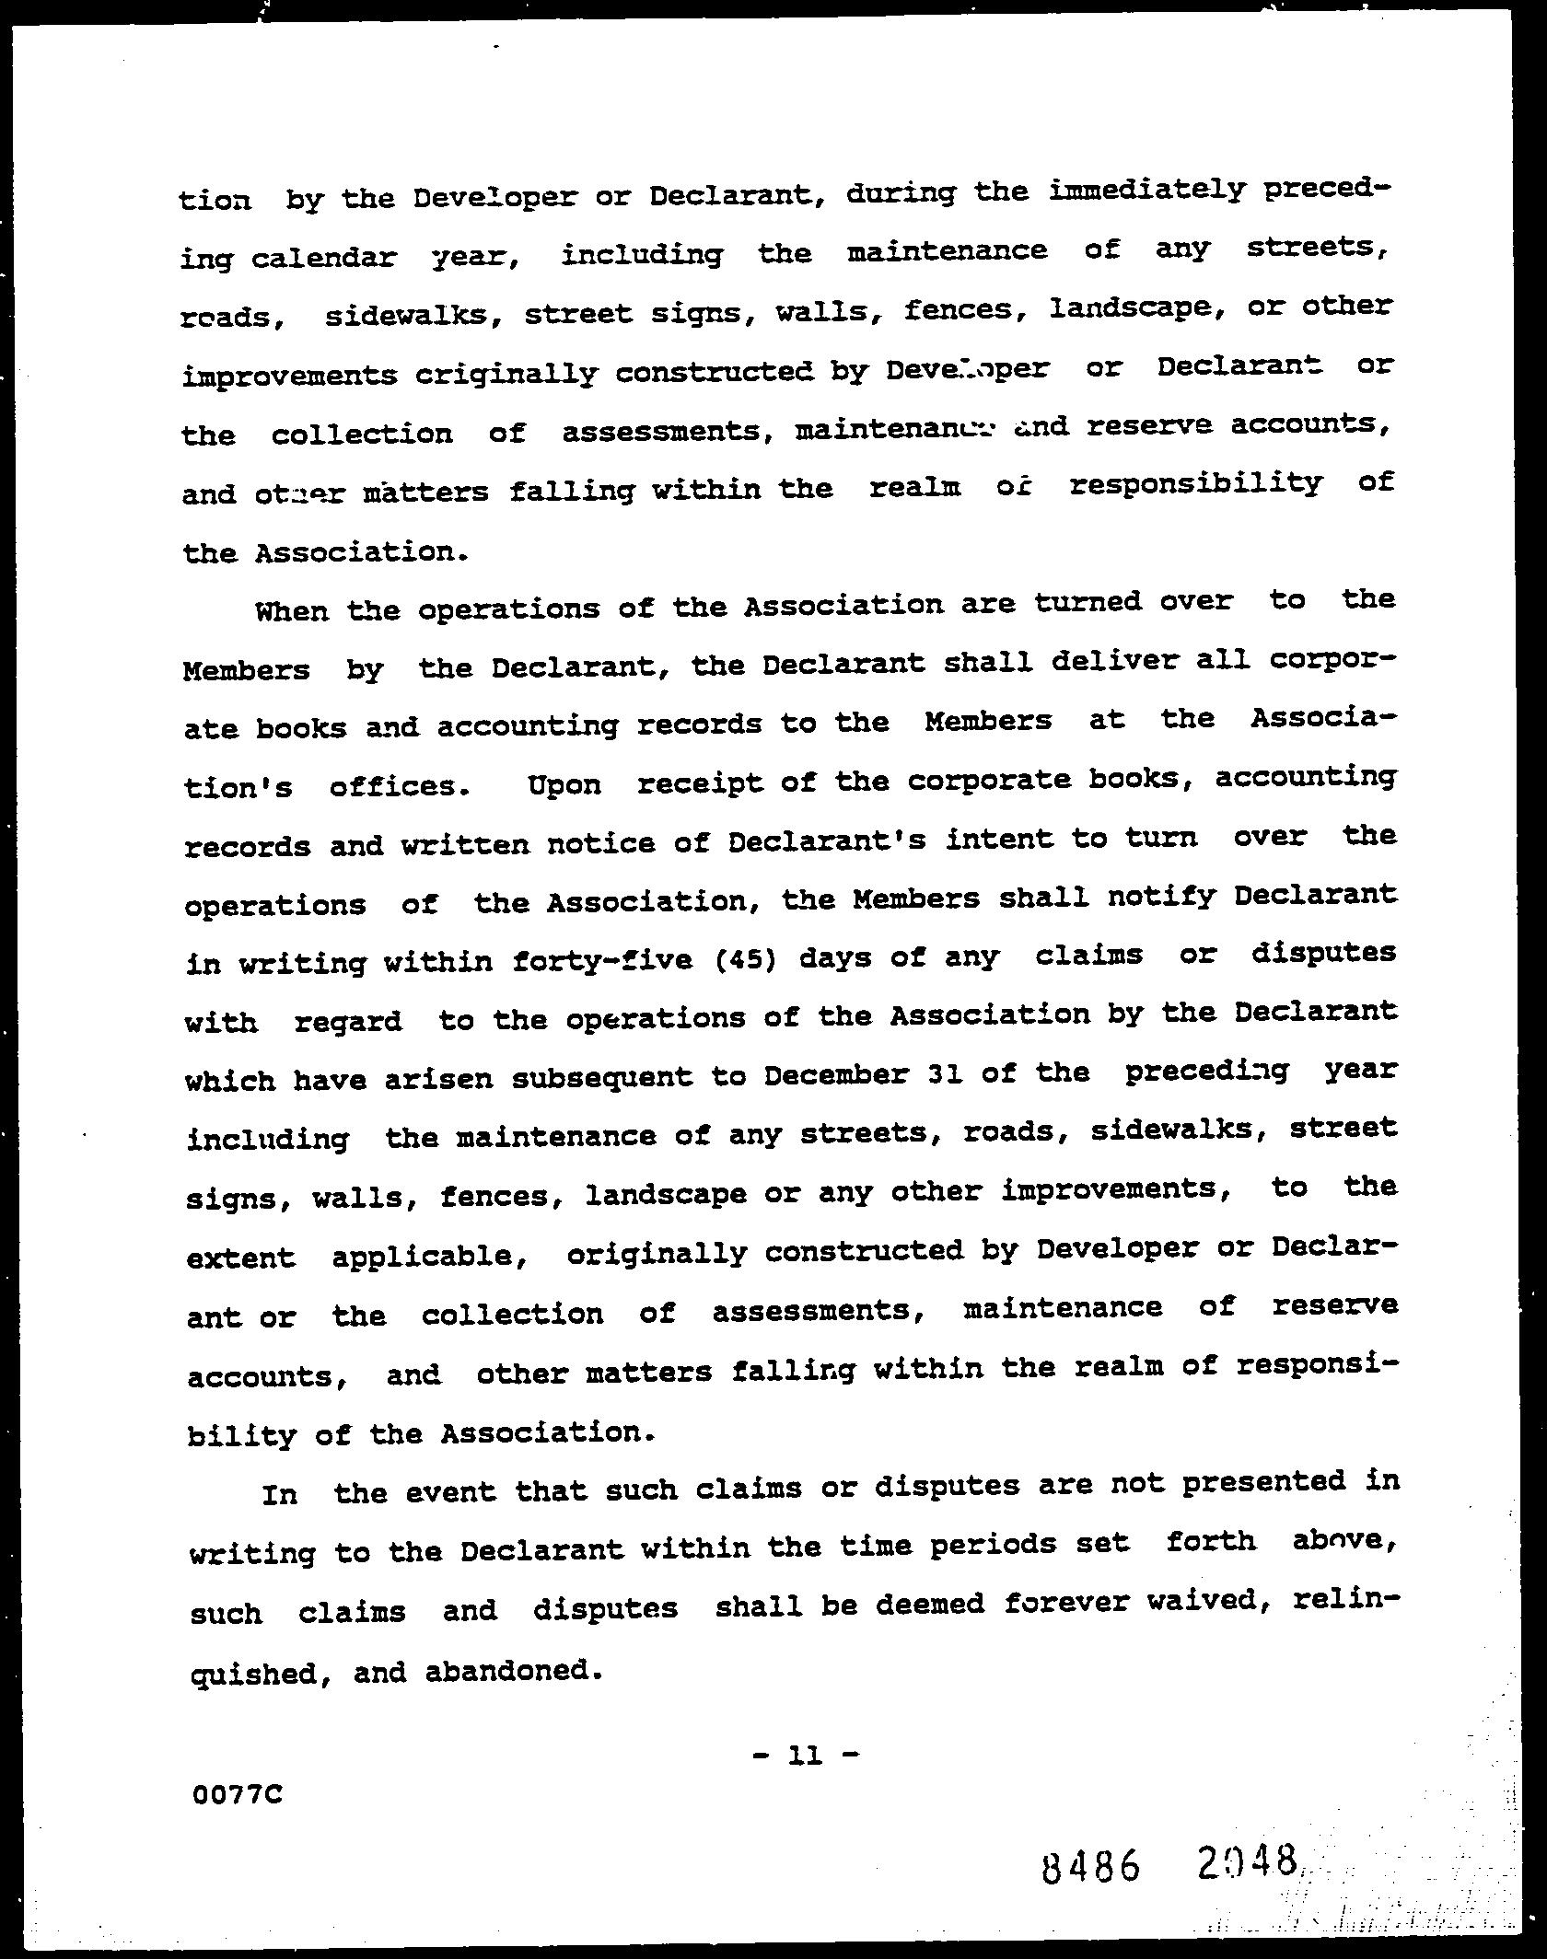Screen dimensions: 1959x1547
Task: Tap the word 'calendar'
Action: click(x=323, y=258)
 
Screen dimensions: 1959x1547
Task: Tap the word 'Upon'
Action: click(x=564, y=785)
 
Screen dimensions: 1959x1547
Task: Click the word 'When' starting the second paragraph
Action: click(x=291, y=610)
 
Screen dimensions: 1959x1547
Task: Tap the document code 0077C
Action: click(x=238, y=1794)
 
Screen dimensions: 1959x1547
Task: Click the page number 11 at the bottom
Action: click(x=806, y=1756)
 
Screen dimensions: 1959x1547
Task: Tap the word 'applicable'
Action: click(x=429, y=1256)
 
